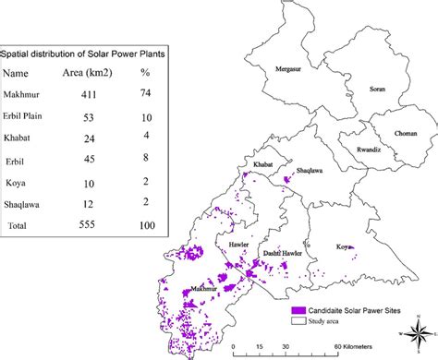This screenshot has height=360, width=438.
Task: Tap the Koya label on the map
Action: point(344,246)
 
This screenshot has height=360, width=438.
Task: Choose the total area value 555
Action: point(88,224)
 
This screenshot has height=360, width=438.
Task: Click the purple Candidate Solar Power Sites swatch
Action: point(299,312)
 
